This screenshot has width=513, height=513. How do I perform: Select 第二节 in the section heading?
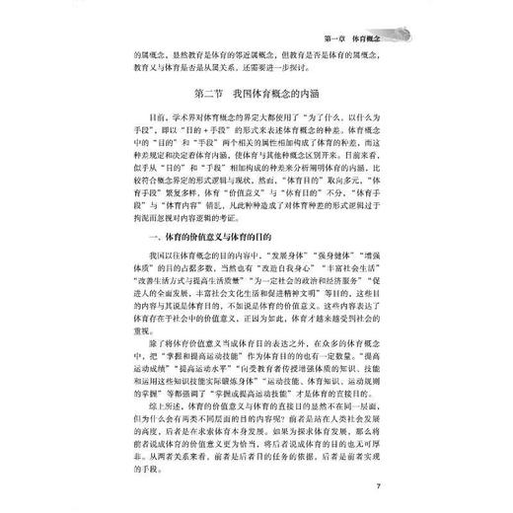coord(186,96)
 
